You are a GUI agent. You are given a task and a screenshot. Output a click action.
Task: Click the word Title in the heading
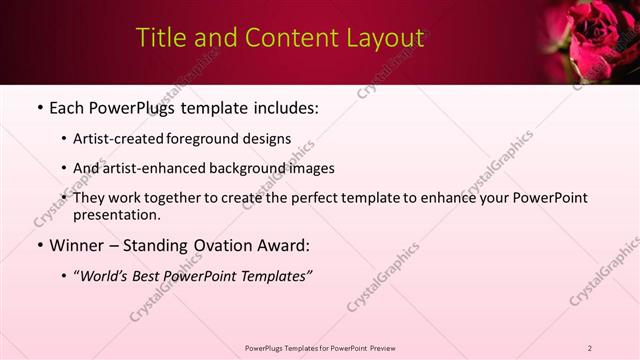coord(158,39)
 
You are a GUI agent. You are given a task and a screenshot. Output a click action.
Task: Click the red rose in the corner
coord(596,36)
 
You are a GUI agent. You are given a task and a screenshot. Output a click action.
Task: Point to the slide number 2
coord(590,348)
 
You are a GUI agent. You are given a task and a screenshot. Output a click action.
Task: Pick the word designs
coord(270,138)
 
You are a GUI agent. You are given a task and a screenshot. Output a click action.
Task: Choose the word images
coord(310,168)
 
